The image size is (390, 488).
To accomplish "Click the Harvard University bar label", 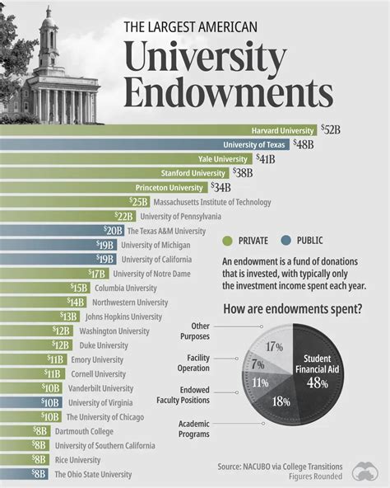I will tap(282, 129).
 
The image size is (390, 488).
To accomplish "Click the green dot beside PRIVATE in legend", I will tap(229, 241).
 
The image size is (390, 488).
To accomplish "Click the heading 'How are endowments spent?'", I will tap(291, 309).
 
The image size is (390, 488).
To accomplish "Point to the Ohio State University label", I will tap(93, 474).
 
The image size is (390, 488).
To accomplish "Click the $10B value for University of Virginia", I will tap(51, 402).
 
